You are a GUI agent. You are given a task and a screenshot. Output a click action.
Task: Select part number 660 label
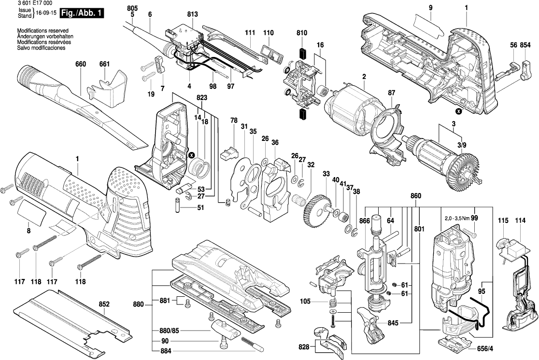point(81,64)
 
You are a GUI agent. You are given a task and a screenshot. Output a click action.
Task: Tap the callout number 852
point(104,305)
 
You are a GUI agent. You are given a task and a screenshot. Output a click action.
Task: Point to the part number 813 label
point(193,14)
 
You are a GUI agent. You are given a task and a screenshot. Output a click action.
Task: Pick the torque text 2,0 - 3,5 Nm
point(457,219)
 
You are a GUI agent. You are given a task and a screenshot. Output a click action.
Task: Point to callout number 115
point(503,221)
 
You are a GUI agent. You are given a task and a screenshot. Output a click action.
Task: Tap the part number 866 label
point(365,221)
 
